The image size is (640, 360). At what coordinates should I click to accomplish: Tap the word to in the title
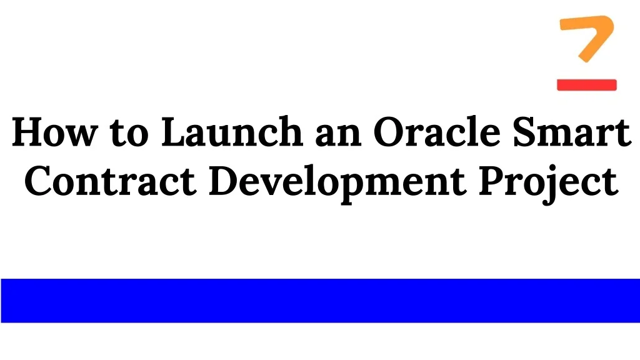pos(127,133)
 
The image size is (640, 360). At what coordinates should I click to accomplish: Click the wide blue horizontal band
pos(320,301)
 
